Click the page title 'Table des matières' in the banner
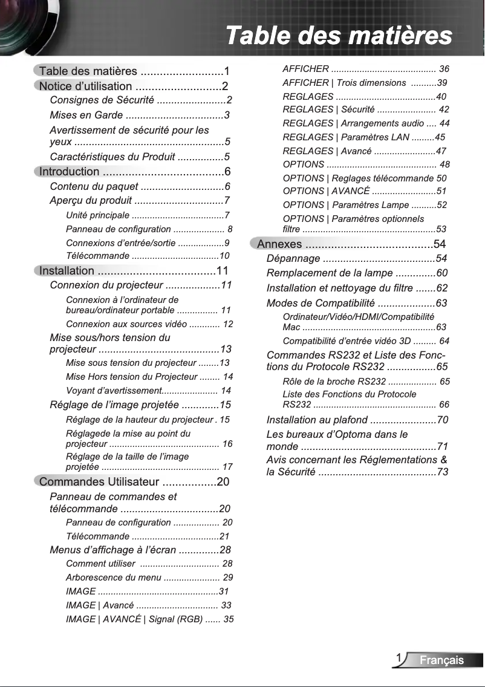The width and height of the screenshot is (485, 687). (x=339, y=35)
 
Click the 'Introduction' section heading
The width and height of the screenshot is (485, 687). (x=69, y=172)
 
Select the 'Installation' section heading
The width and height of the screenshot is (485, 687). (x=67, y=271)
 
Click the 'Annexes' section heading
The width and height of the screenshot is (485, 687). (x=279, y=244)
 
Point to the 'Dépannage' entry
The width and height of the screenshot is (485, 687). (x=293, y=259)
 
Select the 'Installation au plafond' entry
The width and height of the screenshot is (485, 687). (x=317, y=420)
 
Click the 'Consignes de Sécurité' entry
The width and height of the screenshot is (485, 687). (x=102, y=100)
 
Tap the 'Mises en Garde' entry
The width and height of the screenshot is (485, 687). (x=86, y=115)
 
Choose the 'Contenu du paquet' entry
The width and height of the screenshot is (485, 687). (x=94, y=186)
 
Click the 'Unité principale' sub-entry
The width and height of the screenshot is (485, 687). (x=97, y=215)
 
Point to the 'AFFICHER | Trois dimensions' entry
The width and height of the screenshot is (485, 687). (x=344, y=83)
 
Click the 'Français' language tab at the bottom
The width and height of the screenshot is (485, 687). (x=442, y=660)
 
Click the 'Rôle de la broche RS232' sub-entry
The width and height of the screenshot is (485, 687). (x=334, y=382)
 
